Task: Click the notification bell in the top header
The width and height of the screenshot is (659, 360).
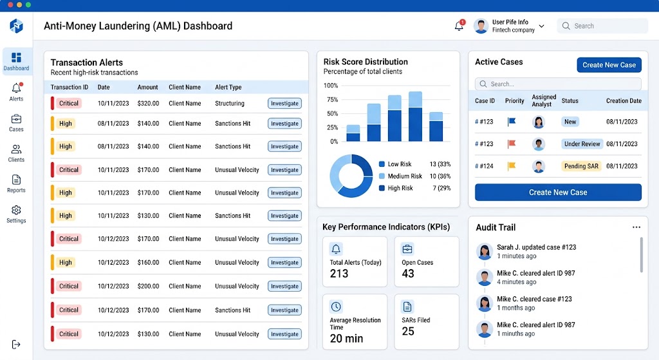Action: click(x=459, y=26)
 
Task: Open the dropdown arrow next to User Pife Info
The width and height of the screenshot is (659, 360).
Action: click(x=542, y=26)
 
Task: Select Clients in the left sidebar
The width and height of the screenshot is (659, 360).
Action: click(x=16, y=153)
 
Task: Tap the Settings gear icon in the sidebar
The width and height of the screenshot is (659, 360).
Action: click(x=16, y=210)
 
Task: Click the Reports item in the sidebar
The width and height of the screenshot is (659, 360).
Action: click(x=16, y=184)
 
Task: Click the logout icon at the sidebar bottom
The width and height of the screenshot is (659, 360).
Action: click(x=16, y=345)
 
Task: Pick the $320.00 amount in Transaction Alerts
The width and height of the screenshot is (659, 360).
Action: click(x=148, y=103)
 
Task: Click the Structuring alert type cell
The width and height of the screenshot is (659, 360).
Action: click(x=230, y=103)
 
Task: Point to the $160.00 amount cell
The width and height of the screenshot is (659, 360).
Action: click(x=148, y=262)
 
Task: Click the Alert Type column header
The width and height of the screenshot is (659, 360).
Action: click(x=228, y=87)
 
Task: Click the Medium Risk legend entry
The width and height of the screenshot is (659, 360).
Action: click(x=405, y=176)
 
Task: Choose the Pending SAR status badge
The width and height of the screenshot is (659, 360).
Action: click(x=581, y=166)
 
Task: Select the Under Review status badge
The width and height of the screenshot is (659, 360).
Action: click(x=582, y=144)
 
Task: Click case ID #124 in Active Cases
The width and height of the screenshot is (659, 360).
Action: click(x=484, y=166)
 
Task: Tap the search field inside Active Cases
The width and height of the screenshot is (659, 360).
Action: click(x=558, y=84)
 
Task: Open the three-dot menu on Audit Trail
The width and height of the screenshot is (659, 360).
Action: click(x=636, y=227)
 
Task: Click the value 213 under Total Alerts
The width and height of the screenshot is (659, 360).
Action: click(x=339, y=274)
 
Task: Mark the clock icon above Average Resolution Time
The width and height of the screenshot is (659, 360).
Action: click(x=336, y=307)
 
